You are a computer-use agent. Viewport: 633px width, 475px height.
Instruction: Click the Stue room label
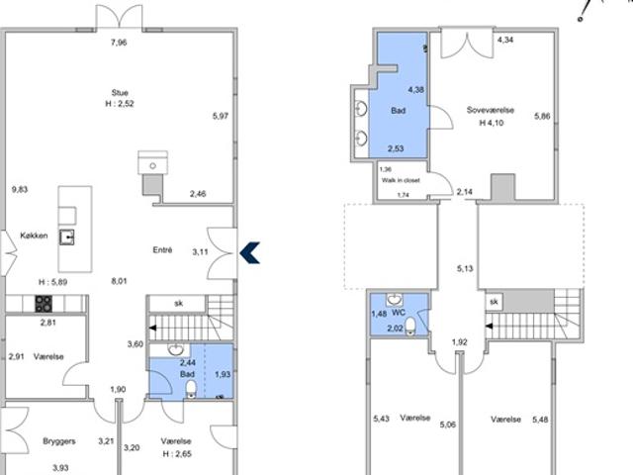[120, 92]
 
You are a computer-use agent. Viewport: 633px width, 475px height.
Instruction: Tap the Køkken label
[34, 236]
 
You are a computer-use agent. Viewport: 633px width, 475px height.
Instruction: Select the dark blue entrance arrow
[250, 253]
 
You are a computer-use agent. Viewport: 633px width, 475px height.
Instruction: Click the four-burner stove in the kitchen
[44, 304]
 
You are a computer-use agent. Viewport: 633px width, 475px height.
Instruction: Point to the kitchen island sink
[67, 237]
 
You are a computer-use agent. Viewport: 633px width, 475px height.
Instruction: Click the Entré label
[162, 250]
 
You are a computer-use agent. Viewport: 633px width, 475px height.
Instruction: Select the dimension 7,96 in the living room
[119, 43]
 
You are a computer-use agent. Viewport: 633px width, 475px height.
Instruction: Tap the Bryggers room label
[59, 441]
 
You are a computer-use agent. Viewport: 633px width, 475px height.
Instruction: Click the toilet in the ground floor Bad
[191, 390]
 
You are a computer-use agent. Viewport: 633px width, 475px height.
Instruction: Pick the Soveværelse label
[491, 110]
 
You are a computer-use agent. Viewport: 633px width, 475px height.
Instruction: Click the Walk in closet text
[401, 180]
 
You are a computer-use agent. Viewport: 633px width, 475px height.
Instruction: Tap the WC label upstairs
[399, 313]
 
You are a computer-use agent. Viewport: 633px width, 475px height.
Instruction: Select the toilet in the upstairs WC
[410, 327]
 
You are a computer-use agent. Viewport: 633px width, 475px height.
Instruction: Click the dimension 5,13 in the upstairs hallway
[465, 268]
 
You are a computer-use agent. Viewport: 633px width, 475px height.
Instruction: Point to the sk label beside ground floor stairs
[178, 303]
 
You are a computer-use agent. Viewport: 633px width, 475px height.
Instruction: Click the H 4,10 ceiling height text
[492, 123]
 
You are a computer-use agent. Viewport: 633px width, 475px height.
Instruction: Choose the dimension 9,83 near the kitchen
[20, 189]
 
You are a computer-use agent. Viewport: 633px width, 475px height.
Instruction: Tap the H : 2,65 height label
[177, 454]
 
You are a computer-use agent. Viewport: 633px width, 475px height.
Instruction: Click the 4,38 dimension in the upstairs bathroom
[416, 90]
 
